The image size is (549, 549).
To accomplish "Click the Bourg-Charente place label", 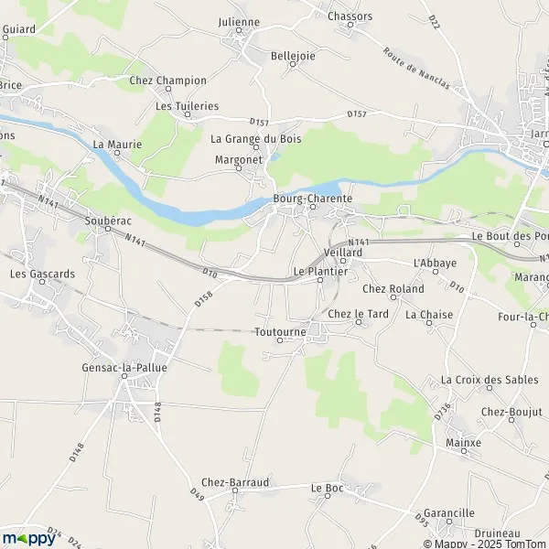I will (x=307, y=197).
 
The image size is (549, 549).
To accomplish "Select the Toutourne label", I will (x=280, y=332).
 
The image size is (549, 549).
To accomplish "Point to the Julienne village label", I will (x=240, y=22).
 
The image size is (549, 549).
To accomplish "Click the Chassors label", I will (x=350, y=16).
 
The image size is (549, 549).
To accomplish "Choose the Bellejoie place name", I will (x=293, y=56).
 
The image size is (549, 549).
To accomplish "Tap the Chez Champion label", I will (x=168, y=81).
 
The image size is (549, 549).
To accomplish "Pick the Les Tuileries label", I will (x=188, y=106).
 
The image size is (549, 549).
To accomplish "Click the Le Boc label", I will (x=327, y=488).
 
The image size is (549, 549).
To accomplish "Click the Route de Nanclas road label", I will (x=416, y=69).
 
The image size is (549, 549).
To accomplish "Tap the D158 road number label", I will (x=203, y=295).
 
